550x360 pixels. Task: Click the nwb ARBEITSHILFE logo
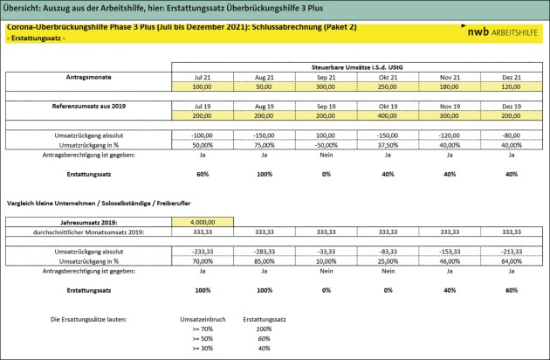pyautogui.click(x=500, y=32)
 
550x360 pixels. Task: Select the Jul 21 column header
pyautogui.click(x=203, y=77)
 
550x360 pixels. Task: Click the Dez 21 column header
pyautogui.click(x=512, y=77)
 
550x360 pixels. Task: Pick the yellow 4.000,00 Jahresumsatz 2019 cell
pyautogui.click(x=203, y=222)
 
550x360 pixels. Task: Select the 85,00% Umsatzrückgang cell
pyautogui.click(x=265, y=260)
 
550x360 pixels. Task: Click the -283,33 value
pyautogui.click(x=265, y=251)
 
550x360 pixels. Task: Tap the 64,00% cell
pyautogui.click(x=512, y=260)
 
